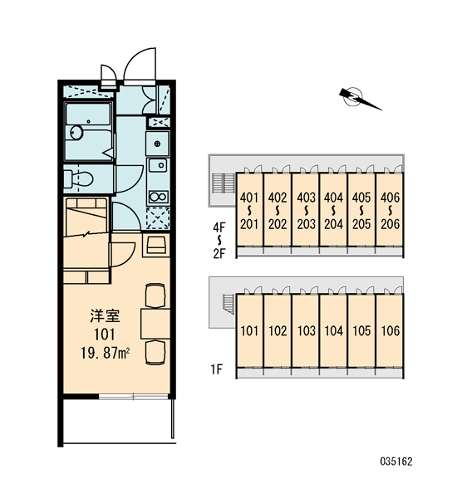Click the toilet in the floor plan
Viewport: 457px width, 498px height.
[78, 179]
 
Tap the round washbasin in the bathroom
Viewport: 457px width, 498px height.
[76, 132]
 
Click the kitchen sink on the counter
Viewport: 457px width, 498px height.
[158, 165]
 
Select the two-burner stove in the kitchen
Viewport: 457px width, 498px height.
[158, 198]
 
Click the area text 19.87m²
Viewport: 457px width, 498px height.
[105, 353]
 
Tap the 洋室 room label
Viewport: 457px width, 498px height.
[105, 316]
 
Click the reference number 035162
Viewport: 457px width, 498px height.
[396, 461]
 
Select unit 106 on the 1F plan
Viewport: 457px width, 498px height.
[390, 330]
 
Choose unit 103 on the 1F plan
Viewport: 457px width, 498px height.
[306, 330]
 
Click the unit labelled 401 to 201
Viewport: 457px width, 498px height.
[249, 210]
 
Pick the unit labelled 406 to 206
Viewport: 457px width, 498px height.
[390, 210]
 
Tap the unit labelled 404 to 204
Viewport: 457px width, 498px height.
[333, 210]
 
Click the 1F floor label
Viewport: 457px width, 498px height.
[217, 369]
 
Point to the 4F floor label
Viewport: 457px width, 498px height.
[219, 227]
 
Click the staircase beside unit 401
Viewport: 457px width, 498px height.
[223, 183]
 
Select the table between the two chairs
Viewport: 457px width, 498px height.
[155, 324]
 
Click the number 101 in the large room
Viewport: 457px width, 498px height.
[105, 334]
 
